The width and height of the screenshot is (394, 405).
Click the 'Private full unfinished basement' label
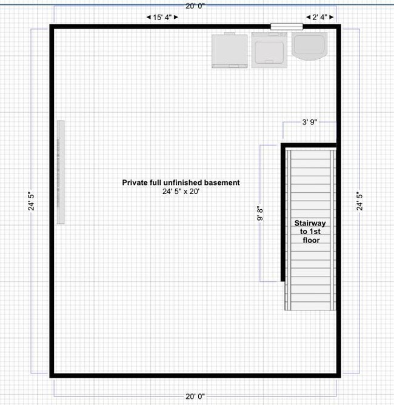pyautogui.click(x=181, y=182)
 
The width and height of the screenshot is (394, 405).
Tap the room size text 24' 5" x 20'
pyautogui.click(x=181, y=192)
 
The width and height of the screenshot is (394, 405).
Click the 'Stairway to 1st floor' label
pyautogui.click(x=310, y=232)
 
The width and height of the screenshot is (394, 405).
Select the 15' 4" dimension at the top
pyautogui.click(x=162, y=18)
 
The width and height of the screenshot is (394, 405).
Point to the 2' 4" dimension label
pyautogui.click(x=319, y=18)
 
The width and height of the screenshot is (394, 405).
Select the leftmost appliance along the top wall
pyautogui.click(x=229, y=50)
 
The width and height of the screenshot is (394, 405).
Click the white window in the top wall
pyautogui.click(x=286, y=26)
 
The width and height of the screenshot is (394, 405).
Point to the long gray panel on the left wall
pyautogui.click(x=61, y=172)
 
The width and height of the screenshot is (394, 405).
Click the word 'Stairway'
pyautogui.click(x=310, y=223)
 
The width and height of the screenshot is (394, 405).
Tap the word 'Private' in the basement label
pyautogui.click(x=135, y=182)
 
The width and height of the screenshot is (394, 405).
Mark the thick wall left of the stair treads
pyautogui.click(x=283, y=212)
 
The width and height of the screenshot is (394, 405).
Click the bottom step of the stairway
pyautogui.click(x=310, y=305)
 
